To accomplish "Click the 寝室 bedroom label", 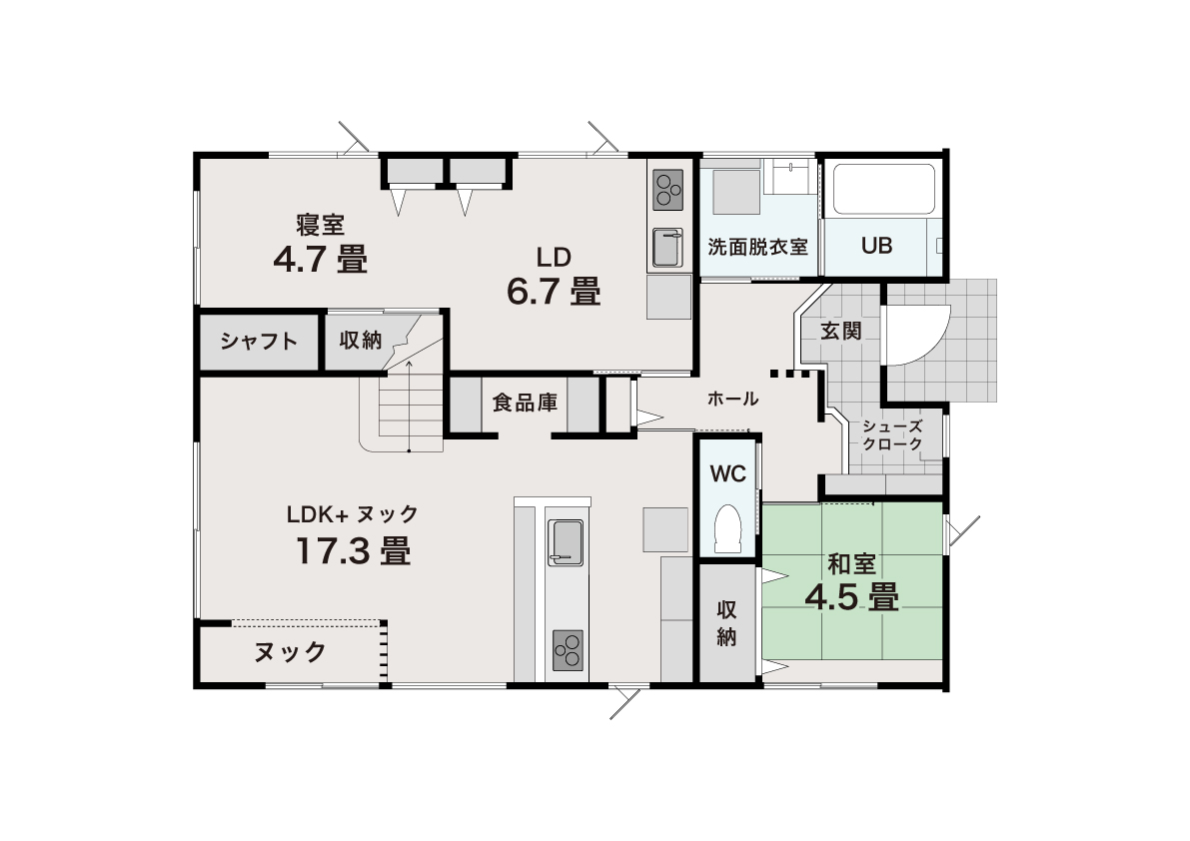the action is point(321,225).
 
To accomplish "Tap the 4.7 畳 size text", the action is point(321,260).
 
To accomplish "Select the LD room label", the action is point(554,258).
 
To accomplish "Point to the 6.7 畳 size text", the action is point(554,292).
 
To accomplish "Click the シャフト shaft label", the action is point(259,342).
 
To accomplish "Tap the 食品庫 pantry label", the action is point(525,403).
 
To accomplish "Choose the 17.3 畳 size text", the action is point(353,550).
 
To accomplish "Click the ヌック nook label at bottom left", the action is point(290,652).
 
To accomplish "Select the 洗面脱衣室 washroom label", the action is point(757,247).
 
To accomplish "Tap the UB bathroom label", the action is point(876,246).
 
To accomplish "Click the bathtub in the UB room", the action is point(884,190).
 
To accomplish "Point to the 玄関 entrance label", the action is point(841,331).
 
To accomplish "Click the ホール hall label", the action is point(732,399).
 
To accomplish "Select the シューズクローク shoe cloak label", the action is point(892,435).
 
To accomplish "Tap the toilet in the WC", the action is point(727,528).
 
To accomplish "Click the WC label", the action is point(727,474).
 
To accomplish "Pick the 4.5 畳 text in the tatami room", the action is point(851,597).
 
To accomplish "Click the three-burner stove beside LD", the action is point(667,190).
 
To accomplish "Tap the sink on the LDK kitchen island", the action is point(566,542).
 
